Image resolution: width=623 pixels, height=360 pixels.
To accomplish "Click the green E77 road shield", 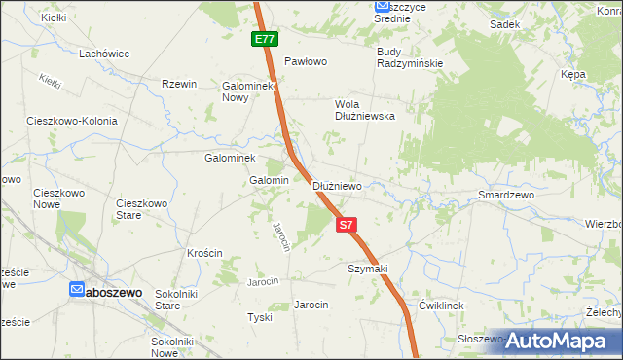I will (x=264, y=39).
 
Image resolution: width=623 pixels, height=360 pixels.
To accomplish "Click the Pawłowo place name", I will (x=304, y=61).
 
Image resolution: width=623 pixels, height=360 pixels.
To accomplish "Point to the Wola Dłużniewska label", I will (x=364, y=109).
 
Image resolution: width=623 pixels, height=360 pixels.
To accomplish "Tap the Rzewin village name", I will (x=180, y=84).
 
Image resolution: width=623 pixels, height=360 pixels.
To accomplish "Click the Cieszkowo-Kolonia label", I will (x=72, y=122).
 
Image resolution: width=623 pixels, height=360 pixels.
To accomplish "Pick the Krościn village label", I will (x=205, y=253).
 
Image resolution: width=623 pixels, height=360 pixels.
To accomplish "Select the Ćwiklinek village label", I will (x=443, y=305).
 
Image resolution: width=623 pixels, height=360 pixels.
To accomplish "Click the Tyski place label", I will (x=258, y=318).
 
